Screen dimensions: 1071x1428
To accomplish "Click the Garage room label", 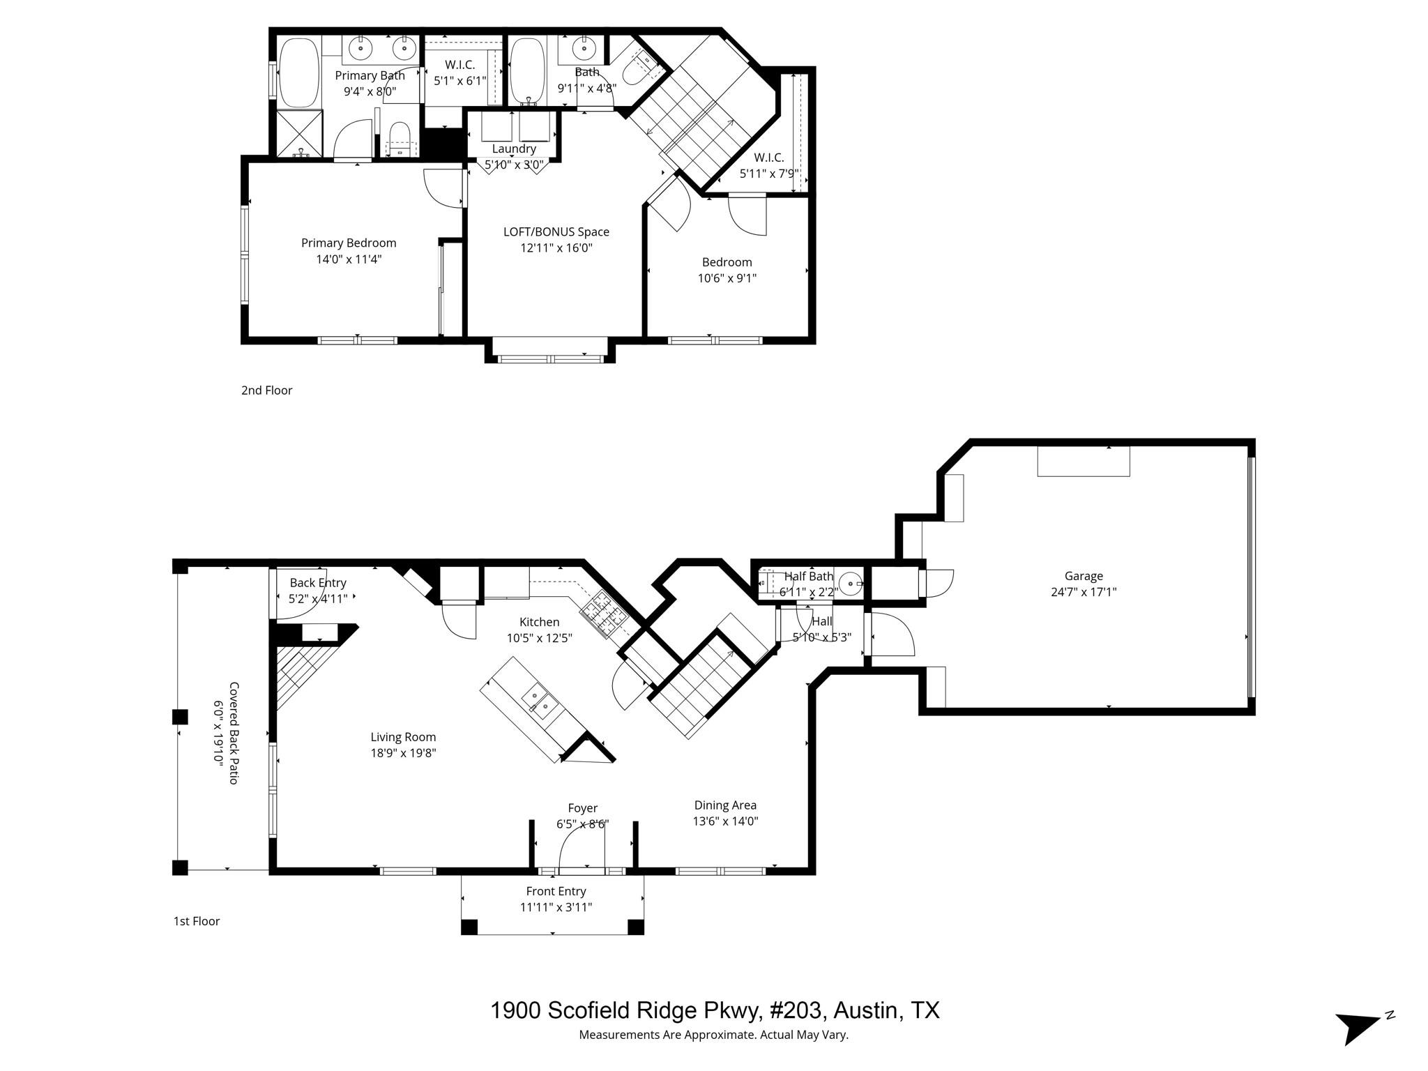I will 1083,576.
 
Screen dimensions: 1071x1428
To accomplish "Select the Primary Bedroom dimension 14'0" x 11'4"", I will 349,259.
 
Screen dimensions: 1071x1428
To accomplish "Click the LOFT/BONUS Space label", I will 556,231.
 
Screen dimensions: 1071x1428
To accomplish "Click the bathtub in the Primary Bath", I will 299,73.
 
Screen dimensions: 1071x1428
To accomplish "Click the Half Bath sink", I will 851,583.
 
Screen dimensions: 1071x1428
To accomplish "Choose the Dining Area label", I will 725,805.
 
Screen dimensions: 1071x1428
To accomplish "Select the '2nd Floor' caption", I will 266,390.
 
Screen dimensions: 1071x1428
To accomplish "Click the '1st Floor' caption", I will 196,921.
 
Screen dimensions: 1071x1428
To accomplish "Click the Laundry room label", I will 514,149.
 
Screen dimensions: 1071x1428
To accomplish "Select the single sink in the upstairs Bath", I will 583,49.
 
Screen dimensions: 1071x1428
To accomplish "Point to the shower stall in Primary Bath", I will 301,132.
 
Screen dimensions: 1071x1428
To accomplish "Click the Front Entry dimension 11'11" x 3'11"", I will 556,907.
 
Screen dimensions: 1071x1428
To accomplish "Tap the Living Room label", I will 403,737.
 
